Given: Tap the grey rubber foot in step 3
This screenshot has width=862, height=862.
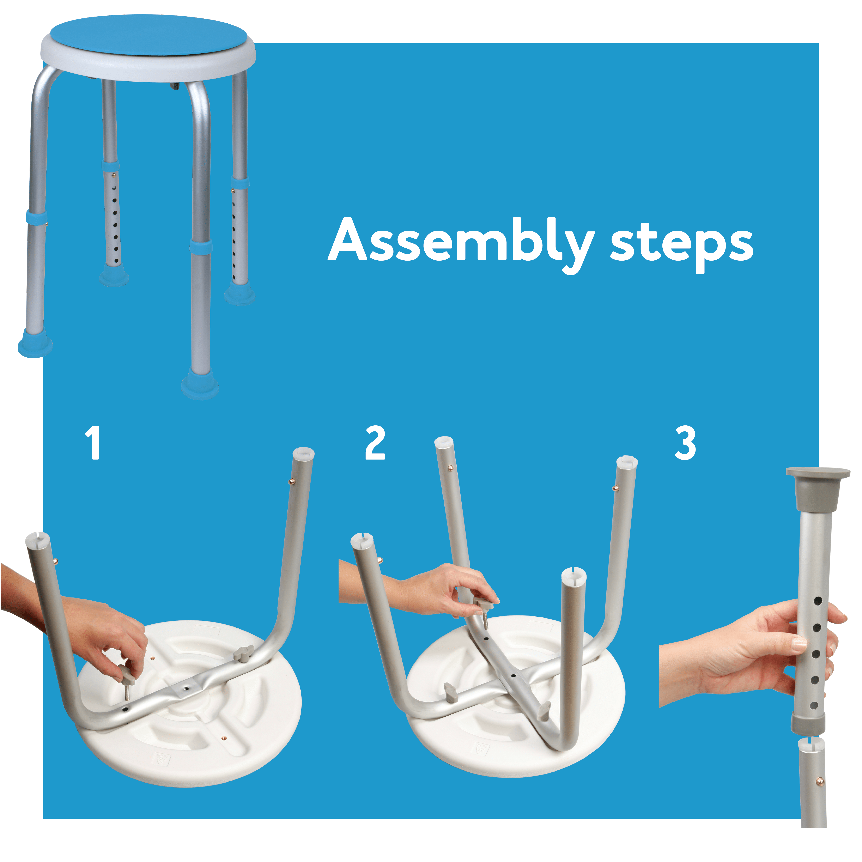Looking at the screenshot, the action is (818, 488).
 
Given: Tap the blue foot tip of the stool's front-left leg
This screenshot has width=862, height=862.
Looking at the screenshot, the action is (35, 344).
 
